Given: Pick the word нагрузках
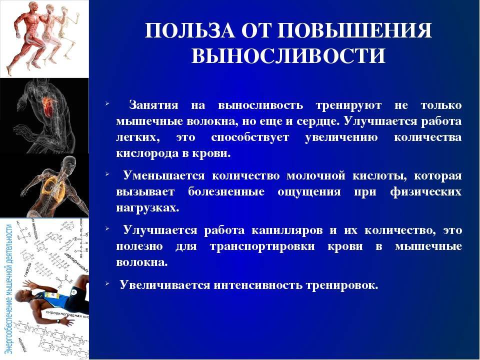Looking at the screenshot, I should click(146, 207).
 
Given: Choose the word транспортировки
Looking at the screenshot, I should click(265, 246).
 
